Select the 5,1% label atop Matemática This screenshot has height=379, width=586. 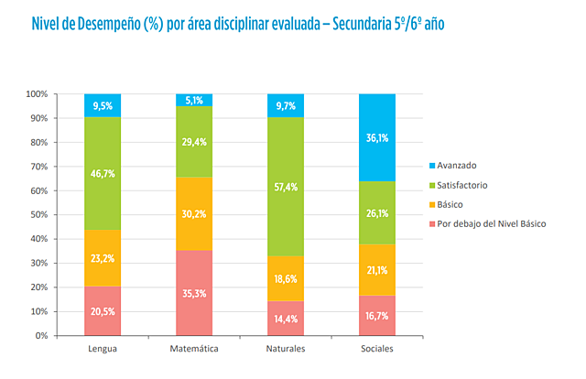(193, 101)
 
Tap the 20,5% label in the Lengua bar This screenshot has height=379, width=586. (103, 311)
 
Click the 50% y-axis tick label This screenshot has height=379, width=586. (38, 215)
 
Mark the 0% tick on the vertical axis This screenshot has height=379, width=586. (40, 336)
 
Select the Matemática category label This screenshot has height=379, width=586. (193, 350)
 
